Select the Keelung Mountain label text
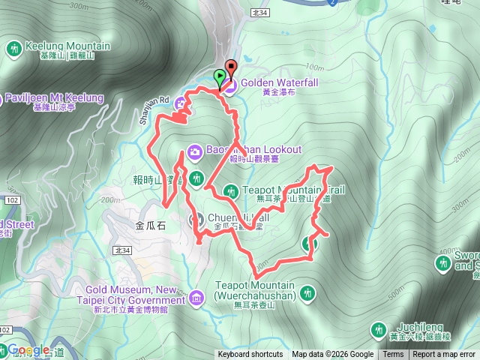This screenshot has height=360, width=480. tap(67, 46)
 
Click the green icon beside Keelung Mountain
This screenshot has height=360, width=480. tap(14, 49)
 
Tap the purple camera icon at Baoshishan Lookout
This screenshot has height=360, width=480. tap(194, 152)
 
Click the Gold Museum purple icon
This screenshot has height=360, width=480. tap(196, 299)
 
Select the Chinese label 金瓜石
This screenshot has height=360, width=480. tap(151, 223)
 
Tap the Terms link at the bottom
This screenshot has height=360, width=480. tap(393, 355)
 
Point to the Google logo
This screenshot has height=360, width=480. tap(28, 350)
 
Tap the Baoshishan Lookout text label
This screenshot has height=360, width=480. tap(254, 150)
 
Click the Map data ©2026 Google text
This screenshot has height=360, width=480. tap(333, 355)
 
